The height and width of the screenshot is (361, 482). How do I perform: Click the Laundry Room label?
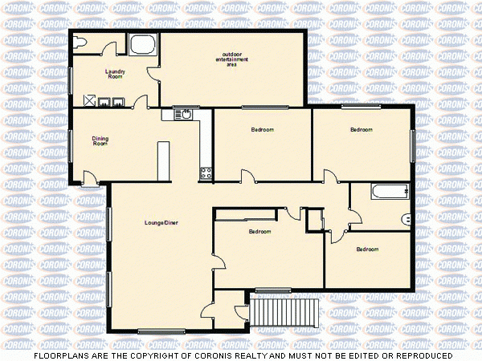[x=116, y=74]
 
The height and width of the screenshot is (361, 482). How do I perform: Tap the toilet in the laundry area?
[x=77, y=46]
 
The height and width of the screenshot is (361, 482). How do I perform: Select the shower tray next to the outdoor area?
[x=143, y=45]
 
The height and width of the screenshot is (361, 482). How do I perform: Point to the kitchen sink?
[x=186, y=114]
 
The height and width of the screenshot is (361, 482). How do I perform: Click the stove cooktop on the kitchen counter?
[x=206, y=172]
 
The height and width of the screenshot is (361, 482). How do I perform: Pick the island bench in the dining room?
[x=164, y=160]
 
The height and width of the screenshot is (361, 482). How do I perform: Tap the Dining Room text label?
[x=100, y=141]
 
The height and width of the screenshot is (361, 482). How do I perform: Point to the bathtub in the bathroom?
[x=390, y=192]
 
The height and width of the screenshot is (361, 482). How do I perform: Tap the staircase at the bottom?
[x=285, y=311]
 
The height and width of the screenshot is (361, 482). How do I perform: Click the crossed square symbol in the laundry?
[x=91, y=101]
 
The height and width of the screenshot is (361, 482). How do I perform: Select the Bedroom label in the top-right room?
[x=361, y=129]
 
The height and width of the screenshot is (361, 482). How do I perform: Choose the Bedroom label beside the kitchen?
[x=262, y=130]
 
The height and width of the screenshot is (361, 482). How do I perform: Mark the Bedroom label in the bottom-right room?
[x=367, y=249]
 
